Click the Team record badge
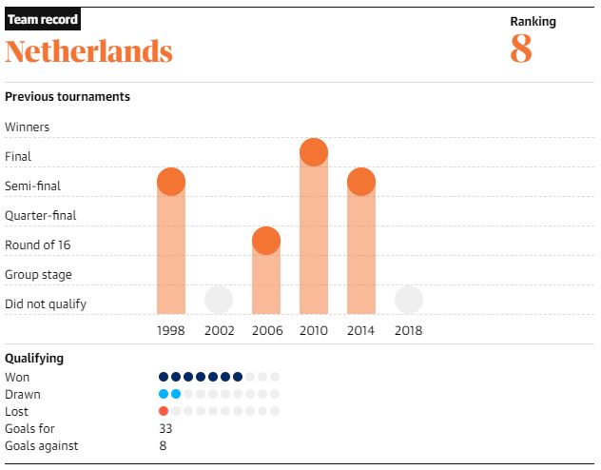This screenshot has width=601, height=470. click(43, 19)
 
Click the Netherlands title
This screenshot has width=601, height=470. click(89, 50)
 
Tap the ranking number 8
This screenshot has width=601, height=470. click(520, 49)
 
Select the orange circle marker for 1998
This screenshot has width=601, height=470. click(171, 182)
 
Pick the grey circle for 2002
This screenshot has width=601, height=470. click(219, 300)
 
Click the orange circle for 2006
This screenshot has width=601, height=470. click(266, 241)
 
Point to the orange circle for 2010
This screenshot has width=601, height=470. click(314, 152)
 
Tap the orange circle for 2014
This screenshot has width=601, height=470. click(361, 182)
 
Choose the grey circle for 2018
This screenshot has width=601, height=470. click(409, 300)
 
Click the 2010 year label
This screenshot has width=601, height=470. click(314, 331)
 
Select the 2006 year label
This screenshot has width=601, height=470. click(266, 331)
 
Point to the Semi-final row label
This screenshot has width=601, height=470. click(33, 186)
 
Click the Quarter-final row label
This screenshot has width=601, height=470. click(41, 215)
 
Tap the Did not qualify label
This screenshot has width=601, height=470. click(46, 304)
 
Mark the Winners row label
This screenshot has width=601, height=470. click(28, 127)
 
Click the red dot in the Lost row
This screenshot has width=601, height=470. click(164, 411)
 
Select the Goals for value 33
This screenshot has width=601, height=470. click(165, 428)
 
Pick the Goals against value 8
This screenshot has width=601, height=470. click(163, 445)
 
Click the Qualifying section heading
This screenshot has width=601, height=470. click(34, 359)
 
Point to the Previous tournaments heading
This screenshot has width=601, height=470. click(68, 96)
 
